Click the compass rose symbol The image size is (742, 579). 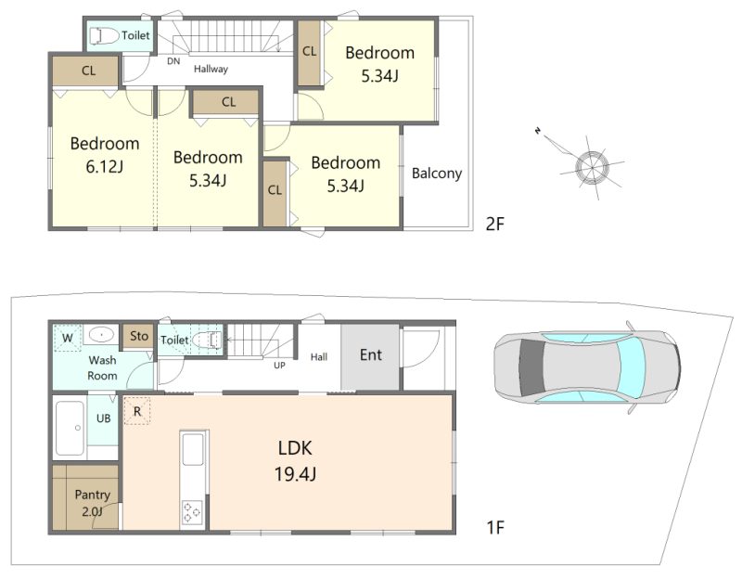point(592,167)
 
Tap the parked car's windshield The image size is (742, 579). point(631,366)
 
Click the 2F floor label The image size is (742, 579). point(495,224)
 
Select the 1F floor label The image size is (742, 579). point(495,527)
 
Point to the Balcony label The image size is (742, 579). point(436,174)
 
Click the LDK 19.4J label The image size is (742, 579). point(295,460)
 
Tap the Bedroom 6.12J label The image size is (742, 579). point(105,155)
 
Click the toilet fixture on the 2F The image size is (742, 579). point(104,36)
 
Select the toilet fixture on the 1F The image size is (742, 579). point(207,340)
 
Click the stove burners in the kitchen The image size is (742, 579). point(192,512)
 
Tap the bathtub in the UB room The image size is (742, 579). point(70,428)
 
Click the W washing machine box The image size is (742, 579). point(67,338)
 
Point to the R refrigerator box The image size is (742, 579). point(136,411)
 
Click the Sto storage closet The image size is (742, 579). point(138,337)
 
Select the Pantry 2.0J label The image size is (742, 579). point(92,503)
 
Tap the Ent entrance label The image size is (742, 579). point(370,355)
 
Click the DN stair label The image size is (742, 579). point(173,61)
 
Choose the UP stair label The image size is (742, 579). point(279,366)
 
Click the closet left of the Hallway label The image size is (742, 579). point(85,71)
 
